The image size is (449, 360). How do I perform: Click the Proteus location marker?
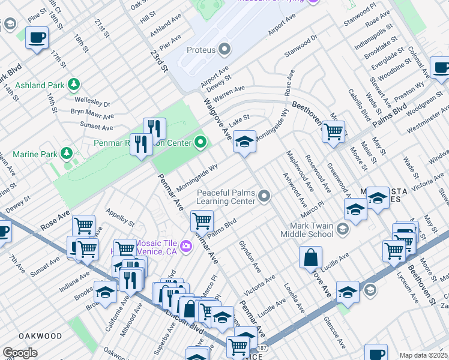[x=225, y=48]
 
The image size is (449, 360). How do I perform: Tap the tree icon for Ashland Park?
[x=74, y=84]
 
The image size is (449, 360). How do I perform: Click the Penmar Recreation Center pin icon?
[x=200, y=143]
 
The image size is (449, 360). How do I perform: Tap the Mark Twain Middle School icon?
[x=342, y=229]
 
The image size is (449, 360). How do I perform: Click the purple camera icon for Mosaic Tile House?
[x=185, y=245]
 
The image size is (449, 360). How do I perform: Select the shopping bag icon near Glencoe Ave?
[x=311, y=258]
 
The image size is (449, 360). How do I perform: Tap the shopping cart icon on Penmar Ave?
[x=202, y=221]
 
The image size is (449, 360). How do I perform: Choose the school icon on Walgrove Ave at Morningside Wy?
[x=244, y=142]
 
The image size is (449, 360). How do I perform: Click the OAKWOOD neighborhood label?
[x=40, y=336]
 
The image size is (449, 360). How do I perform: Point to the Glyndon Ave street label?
[x=250, y=256]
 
